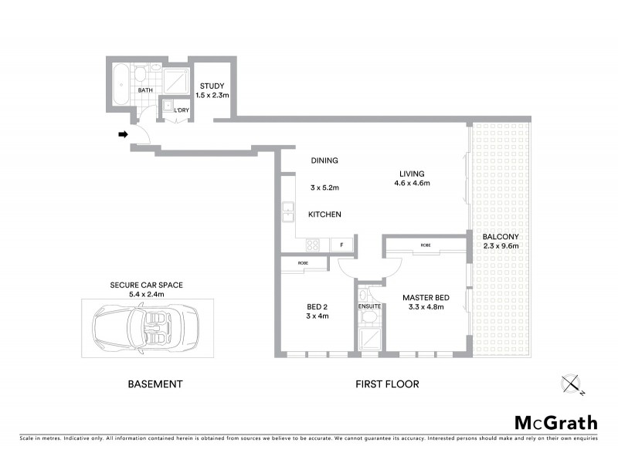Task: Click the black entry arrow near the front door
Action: coord(122,134)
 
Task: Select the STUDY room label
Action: coord(211,86)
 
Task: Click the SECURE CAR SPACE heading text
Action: coord(146,285)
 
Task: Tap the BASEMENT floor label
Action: coord(154,384)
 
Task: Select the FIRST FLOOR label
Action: coord(388,384)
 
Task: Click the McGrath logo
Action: coord(555,422)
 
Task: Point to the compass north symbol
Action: coord(572,383)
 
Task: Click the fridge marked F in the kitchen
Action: coord(341,245)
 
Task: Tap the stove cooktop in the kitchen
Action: coord(314,245)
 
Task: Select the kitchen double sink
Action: coord(287,211)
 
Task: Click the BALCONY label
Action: coord(501,236)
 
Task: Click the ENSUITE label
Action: coord(370,306)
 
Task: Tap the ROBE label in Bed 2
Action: coord(301,264)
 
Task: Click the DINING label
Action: coord(324,161)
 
